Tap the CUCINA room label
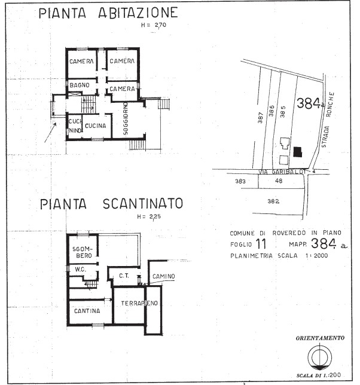(94, 126)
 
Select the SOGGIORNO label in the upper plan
(126, 118)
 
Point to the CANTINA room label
(86, 311)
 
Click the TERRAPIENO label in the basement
(139, 304)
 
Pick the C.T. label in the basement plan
(124, 276)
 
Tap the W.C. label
(81, 269)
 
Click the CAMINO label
(163, 276)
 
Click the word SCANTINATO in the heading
(142, 204)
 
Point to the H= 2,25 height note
(150, 217)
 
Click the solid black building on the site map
(297, 152)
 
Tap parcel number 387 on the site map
(261, 117)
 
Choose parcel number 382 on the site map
(274, 201)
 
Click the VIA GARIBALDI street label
(282, 172)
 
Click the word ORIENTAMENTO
(320, 338)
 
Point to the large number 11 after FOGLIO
(261, 243)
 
